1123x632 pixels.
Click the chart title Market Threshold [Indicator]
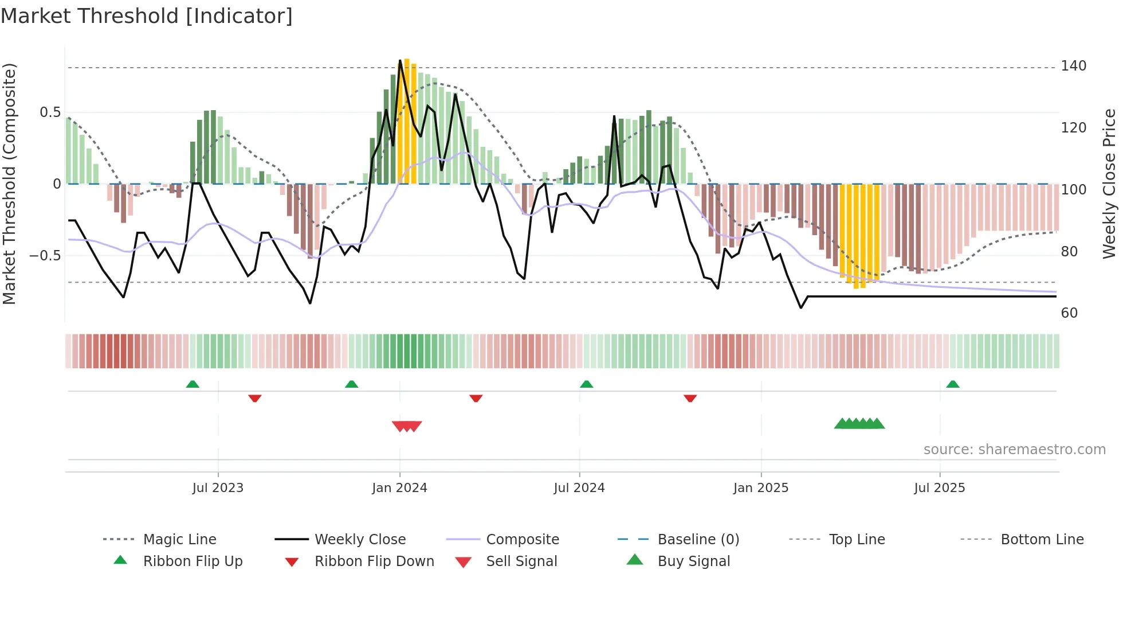click(x=147, y=16)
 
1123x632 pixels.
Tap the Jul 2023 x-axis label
click(x=218, y=488)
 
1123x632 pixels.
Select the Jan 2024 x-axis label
click(x=399, y=488)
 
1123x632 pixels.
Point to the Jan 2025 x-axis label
click(x=761, y=488)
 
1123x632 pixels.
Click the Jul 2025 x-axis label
click(x=940, y=488)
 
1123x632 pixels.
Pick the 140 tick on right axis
click(x=1073, y=66)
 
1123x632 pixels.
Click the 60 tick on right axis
click(x=1069, y=313)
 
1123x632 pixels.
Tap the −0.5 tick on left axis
click(x=45, y=255)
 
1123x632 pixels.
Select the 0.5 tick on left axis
click(x=50, y=112)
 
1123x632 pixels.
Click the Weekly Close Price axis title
click(x=1110, y=184)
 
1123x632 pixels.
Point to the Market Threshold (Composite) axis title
click(x=9, y=184)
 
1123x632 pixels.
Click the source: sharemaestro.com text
click(x=1014, y=450)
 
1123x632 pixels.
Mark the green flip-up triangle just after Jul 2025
click(x=953, y=384)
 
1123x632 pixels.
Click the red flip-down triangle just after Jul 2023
click(x=255, y=398)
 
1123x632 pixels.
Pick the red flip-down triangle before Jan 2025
click(x=690, y=398)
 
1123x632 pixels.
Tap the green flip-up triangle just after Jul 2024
click(x=586, y=384)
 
